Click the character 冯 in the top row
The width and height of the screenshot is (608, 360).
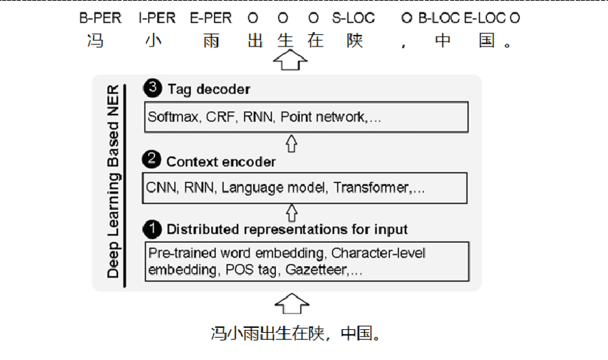[x=94, y=41]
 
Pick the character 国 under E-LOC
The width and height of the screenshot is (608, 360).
[x=487, y=41]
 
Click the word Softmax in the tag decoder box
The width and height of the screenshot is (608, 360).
[x=171, y=117]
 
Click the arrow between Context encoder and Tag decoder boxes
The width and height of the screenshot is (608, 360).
[x=291, y=143]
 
